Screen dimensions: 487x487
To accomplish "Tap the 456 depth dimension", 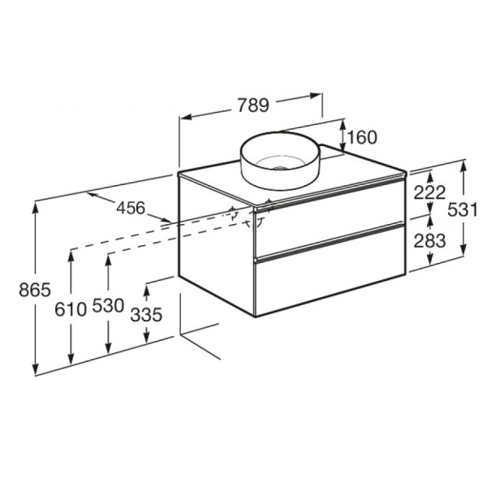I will click(130, 208).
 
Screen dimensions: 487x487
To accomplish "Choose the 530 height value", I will click(108, 306).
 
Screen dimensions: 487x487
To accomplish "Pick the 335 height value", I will click(147, 313).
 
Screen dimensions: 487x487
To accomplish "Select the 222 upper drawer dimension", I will click(429, 193).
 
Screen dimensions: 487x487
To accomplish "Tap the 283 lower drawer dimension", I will click(429, 240).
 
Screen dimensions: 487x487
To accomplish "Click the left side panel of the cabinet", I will click(216, 243).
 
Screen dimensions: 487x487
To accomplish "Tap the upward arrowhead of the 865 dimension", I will click(37, 205).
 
